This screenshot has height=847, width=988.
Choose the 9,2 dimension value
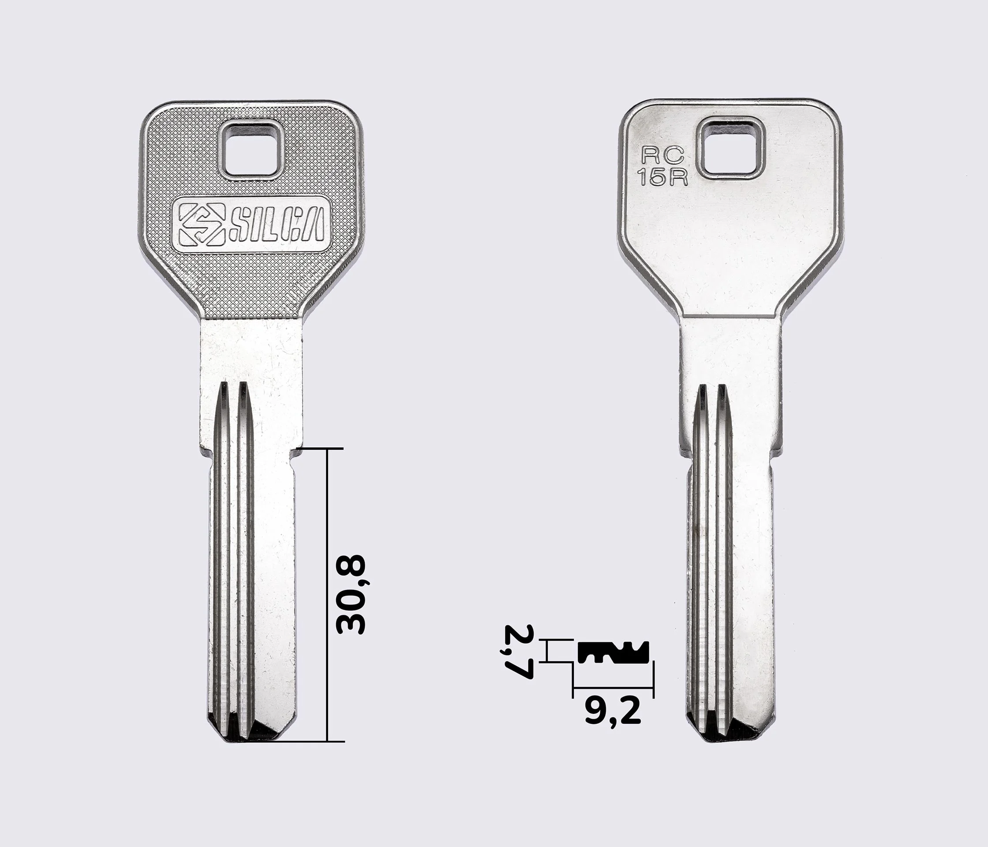tap(612, 712)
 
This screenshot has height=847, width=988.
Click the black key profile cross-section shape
tap(613, 652)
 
